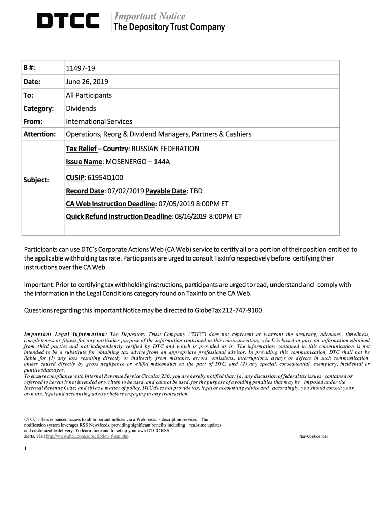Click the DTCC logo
[68, 21]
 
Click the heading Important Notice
[149, 16]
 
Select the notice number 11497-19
[80, 68]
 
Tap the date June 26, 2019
[87, 82]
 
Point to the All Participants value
[89, 95]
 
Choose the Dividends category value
[81, 108]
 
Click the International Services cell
[99, 121]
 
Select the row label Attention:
[40, 134]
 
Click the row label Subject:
[36, 180]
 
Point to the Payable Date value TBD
[196, 191]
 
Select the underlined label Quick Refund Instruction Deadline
[119, 216]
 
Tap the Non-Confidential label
[314, 436]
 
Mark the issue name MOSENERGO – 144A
[134, 162]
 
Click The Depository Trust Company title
[169, 27]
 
